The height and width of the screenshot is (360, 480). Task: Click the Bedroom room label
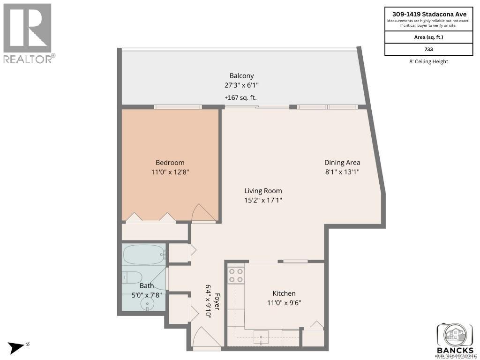(x=170, y=163)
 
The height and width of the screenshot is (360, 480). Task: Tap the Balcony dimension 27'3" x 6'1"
(x=241, y=85)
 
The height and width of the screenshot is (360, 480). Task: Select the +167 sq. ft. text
(x=241, y=97)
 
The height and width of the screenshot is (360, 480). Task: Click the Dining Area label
(x=342, y=163)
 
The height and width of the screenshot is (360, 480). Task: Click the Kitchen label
(x=284, y=293)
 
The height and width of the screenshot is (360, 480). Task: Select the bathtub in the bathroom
(x=144, y=255)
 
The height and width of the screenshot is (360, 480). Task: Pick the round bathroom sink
(x=148, y=304)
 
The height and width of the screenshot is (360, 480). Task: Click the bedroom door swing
(x=202, y=213)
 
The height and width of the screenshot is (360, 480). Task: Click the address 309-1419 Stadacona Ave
(x=428, y=14)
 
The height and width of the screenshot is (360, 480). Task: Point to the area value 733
(x=428, y=49)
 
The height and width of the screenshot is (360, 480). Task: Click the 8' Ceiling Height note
(x=428, y=61)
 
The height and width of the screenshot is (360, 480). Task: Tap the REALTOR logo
(x=28, y=33)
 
